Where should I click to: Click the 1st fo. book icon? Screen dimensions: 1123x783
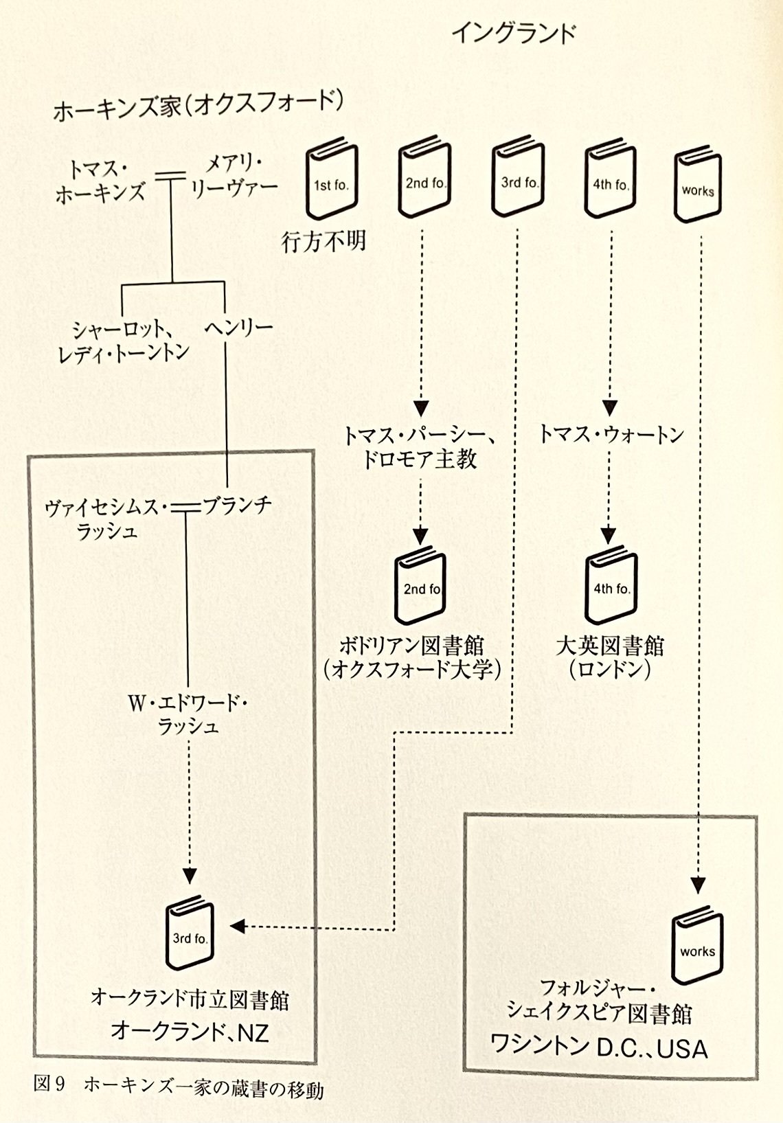(x=332, y=178)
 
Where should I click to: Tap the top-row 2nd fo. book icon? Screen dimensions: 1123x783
(x=424, y=178)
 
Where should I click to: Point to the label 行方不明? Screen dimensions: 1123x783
(x=324, y=242)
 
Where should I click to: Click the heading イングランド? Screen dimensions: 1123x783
(x=513, y=33)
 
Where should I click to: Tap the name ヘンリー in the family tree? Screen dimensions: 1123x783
(x=238, y=328)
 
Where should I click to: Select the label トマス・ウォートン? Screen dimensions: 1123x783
(x=611, y=434)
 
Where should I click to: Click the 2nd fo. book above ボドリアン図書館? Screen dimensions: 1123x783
(x=420, y=585)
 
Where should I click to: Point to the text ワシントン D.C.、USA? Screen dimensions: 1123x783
(x=598, y=1047)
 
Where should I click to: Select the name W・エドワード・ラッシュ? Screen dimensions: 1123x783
(x=188, y=714)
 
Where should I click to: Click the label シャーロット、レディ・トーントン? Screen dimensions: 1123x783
(x=124, y=341)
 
